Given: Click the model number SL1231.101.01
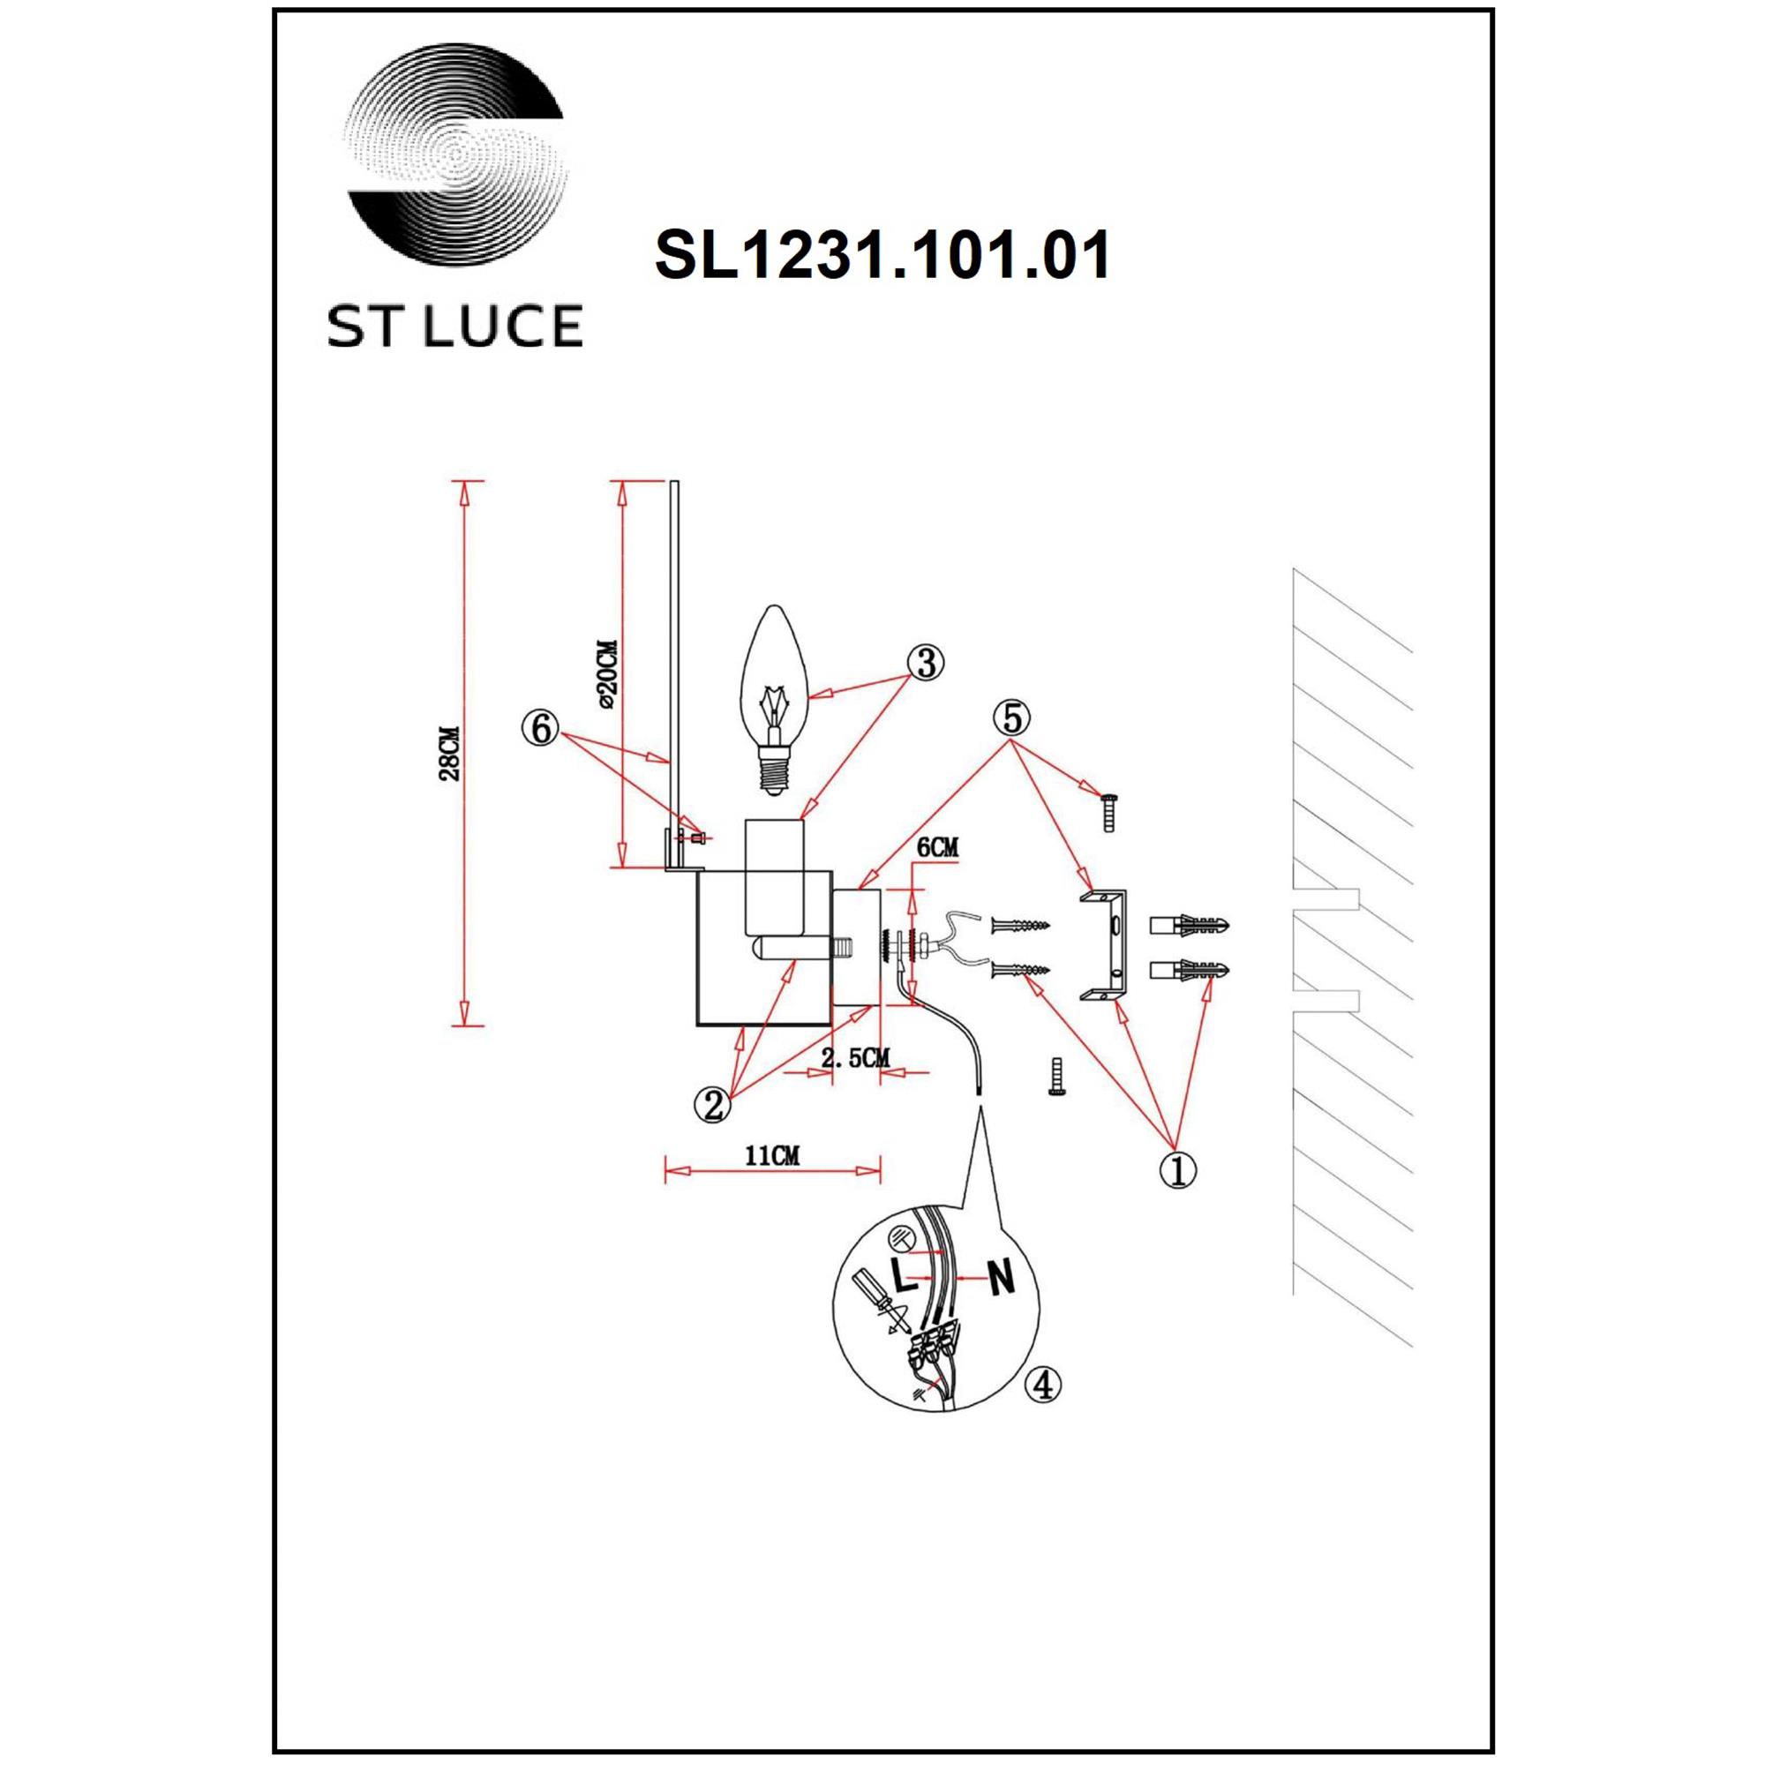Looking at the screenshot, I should pyautogui.click(x=882, y=256).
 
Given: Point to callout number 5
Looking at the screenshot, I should pyautogui.click(x=1011, y=718).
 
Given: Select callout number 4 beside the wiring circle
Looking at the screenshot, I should pyautogui.click(x=1043, y=1409).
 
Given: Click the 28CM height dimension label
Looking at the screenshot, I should pyautogui.click(x=448, y=754).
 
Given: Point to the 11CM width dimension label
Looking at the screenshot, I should pyautogui.click(x=772, y=1156).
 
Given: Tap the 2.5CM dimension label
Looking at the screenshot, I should pyautogui.click(x=855, y=1059).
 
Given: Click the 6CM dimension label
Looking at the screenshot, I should pyautogui.click(x=937, y=848).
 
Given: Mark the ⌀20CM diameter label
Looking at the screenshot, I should pyautogui.click(x=608, y=675).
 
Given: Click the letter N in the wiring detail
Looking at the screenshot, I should pyautogui.click(x=1003, y=1277).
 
